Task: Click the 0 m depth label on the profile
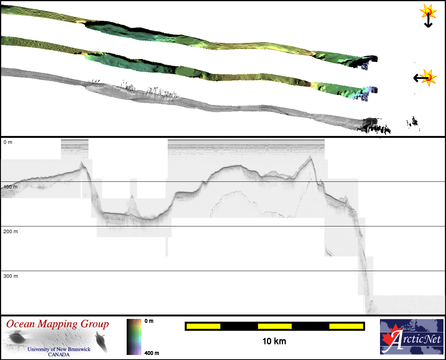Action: pyautogui.click(x=8, y=142)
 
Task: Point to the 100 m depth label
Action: pyautogui.click(x=11, y=187)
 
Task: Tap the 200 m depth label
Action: pyautogui.click(x=11, y=231)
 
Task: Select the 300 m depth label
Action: pyautogui.click(x=11, y=276)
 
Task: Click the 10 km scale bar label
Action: pyautogui.click(x=274, y=341)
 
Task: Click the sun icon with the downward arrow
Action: pyautogui.click(x=428, y=16)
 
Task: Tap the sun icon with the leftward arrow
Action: pyautogui.click(x=425, y=78)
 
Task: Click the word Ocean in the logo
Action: pyautogui.click(x=20, y=324)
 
